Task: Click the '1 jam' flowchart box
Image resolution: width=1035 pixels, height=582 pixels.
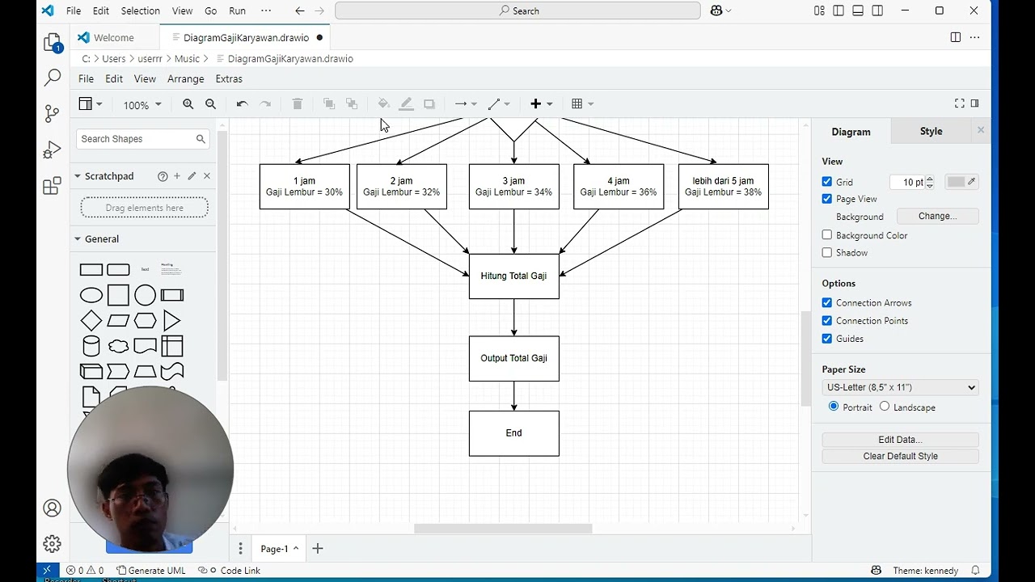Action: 305,187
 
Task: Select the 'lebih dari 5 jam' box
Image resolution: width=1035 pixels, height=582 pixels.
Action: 724,187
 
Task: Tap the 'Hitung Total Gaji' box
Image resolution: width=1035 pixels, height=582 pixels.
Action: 513,276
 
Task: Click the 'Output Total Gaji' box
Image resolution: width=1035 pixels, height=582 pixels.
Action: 513,358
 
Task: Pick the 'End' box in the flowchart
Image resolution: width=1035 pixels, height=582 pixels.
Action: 513,433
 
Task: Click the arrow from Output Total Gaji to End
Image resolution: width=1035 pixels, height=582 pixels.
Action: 513,396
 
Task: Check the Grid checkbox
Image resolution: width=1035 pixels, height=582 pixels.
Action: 827,182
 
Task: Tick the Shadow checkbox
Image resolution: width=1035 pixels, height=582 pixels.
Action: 827,253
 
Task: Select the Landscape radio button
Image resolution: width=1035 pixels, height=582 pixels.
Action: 885,407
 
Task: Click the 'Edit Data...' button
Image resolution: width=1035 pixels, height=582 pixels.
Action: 900,439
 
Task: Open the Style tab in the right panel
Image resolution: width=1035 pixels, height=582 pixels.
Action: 931,131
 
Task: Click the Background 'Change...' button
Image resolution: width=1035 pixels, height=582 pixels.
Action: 937,216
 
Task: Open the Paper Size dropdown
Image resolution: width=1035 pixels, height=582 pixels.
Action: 900,387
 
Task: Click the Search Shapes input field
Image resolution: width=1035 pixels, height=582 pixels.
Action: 137,139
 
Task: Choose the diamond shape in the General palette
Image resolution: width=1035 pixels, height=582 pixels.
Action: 91,321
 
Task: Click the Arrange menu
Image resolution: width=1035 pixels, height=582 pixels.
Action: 185,79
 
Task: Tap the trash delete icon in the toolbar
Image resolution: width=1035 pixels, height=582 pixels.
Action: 298,104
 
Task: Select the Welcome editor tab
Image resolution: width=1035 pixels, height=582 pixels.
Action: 114,37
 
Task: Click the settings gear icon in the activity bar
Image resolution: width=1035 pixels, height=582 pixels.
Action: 53,544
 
